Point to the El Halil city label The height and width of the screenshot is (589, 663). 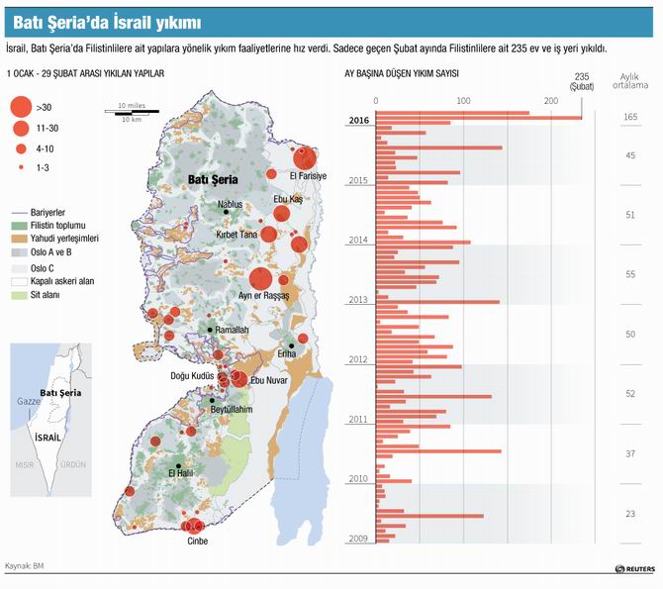tap(183, 473)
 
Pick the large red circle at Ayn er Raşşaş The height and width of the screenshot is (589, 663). tap(260, 280)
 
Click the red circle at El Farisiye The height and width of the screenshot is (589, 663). tap(305, 157)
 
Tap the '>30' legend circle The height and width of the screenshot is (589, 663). tap(19, 107)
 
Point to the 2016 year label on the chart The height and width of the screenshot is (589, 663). tap(358, 121)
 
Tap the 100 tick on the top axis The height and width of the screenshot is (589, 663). tap(463, 100)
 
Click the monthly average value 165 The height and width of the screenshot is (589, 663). tap(630, 118)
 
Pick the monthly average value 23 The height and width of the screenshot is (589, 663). tap(630, 514)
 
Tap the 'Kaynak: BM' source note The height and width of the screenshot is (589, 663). tap(25, 566)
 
